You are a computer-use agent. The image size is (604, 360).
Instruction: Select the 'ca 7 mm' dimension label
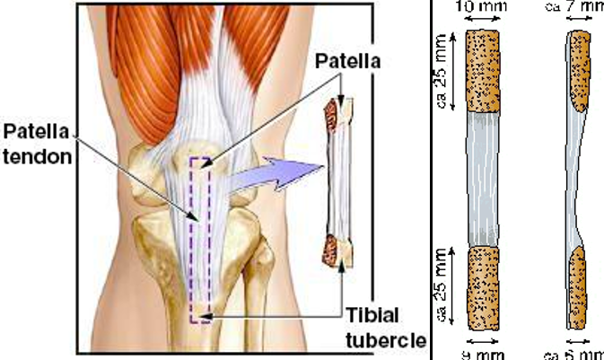[x=574, y=7]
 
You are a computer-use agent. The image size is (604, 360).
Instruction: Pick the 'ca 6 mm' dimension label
[x=575, y=354]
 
